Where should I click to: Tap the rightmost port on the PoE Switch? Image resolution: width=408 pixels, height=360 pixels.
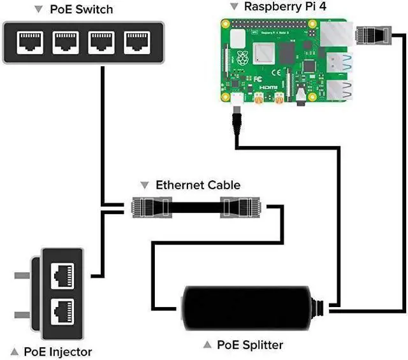click(x=135, y=43)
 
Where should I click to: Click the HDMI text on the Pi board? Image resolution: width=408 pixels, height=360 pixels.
click(x=290, y=83)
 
